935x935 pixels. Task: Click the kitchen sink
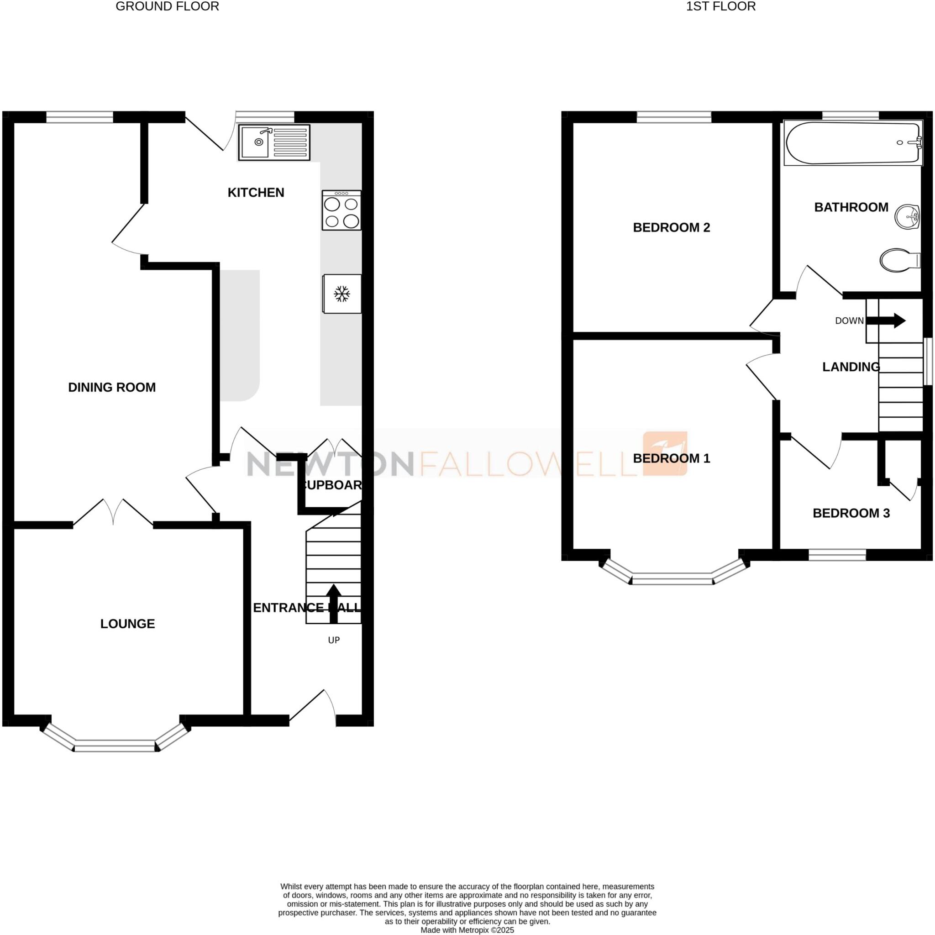point(273,142)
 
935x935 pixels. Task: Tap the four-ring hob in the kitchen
point(341,210)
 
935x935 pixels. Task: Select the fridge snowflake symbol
point(342,294)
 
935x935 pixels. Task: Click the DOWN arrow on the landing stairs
point(885,320)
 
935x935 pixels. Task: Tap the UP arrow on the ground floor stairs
point(333,603)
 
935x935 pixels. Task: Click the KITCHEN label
point(256,193)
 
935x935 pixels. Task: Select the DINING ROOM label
point(112,387)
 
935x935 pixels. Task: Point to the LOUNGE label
point(127,624)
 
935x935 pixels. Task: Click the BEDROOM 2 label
point(671,227)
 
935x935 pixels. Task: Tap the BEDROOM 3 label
point(851,513)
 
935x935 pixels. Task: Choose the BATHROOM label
point(851,207)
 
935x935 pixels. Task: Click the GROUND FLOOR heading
point(167,6)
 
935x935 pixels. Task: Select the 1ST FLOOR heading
point(720,6)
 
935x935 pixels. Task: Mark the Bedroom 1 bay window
point(672,578)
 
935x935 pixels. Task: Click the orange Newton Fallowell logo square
point(664,453)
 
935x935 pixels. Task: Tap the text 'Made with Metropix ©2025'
point(467,930)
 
